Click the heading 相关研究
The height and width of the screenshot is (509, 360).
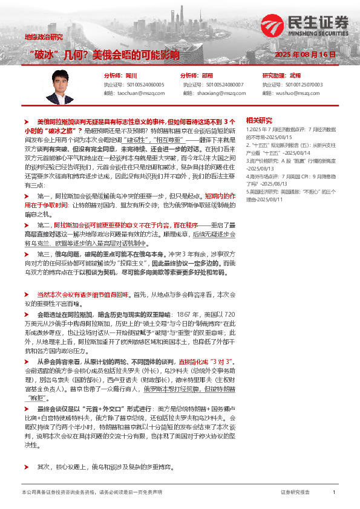[x=259, y=120]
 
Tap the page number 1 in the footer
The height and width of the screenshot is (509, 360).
[x=333, y=493]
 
